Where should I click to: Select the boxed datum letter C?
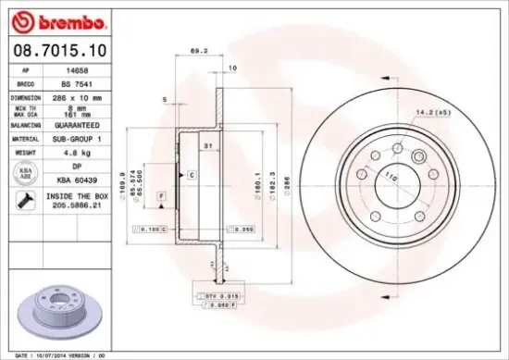pyautogui.click(x=192, y=174)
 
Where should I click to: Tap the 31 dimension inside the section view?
pyautogui.click(x=209, y=147)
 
